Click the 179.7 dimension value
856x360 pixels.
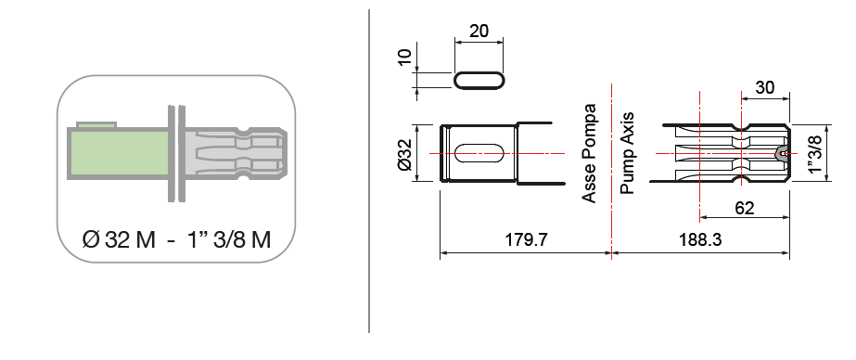tap(526, 239)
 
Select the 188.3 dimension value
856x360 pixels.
tap(700, 239)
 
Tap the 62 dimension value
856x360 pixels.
tap(745, 208)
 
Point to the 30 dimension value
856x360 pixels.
tap(764, 87)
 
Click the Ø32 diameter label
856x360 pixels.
tap(405, 153)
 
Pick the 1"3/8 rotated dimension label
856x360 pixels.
tap(815, 153)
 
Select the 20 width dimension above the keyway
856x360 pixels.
tap(479, 32)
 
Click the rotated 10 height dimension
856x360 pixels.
tap(404, 57)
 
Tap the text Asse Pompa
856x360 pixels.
tap(589, 153)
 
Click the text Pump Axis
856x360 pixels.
tap(627, 153)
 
